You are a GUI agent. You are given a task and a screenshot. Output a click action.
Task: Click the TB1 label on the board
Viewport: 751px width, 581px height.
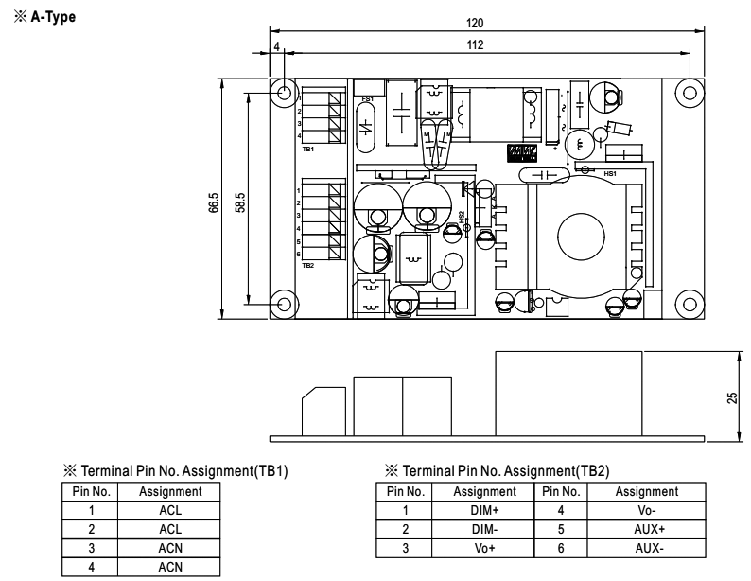[x=307, y=150]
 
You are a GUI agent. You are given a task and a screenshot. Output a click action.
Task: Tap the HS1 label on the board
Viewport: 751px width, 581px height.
[x=609, y=174]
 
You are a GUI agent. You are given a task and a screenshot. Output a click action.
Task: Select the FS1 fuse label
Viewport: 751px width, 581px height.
[x=368, y=98]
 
